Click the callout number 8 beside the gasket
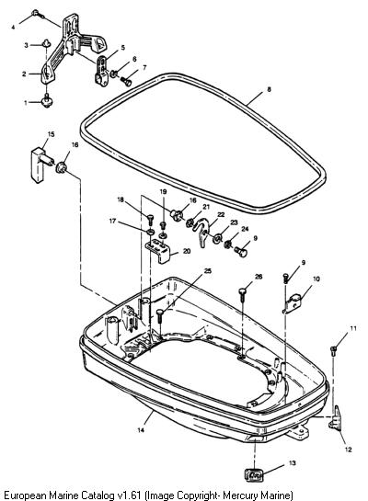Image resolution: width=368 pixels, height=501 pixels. (269, 89)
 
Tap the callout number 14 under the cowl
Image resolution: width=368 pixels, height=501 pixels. (141, 430)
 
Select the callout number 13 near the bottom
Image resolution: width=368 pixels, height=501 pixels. (293, 463)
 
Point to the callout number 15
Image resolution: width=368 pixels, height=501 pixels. (52, 134)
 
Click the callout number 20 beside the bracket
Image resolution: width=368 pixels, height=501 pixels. (187, 251)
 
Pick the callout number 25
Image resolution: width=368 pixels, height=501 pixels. (208, 271)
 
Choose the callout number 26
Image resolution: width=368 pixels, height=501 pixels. (259, 277)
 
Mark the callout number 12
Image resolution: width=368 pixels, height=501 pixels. (348, 450)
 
